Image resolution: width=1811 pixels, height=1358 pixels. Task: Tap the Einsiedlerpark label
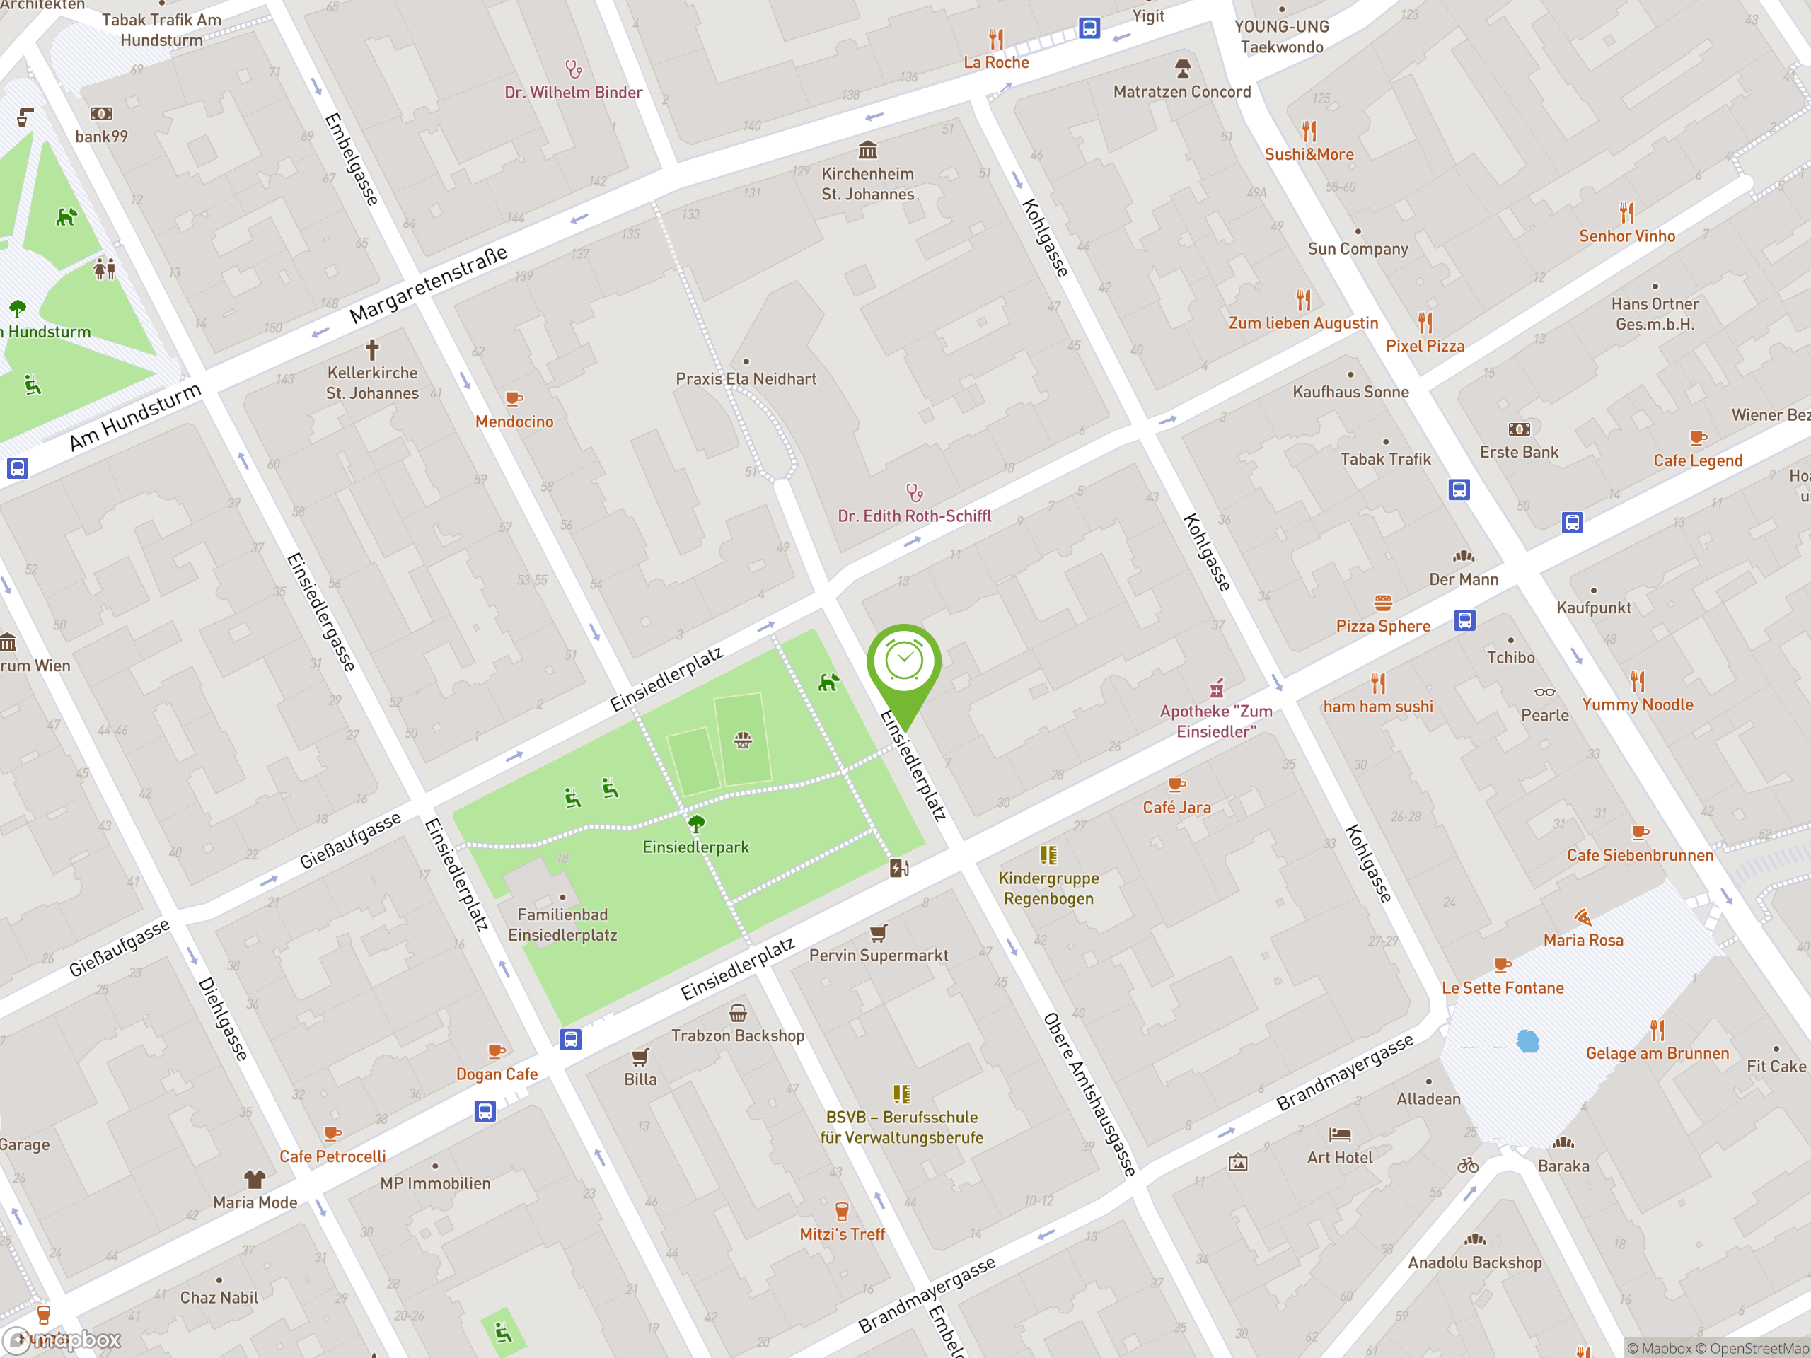point(695,847)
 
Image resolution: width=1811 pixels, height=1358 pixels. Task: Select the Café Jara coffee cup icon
point(1176,784)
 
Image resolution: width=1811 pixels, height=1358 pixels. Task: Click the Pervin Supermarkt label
point(879,956)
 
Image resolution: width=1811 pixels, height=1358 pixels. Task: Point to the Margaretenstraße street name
point(428,285)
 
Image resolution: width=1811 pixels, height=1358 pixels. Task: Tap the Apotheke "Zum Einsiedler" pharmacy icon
point(1217,687)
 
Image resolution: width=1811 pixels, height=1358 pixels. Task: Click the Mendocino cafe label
point(514,422)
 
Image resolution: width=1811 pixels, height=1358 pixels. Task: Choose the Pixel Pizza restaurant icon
point(1425,322)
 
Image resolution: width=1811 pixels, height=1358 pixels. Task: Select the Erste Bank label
point(1519,453)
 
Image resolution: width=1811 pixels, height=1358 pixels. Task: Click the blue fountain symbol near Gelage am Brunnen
point(1528,1041)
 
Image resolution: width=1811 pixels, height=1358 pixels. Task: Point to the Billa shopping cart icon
point(640,1057)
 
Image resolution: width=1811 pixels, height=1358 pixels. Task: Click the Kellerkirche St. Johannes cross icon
point(373,349)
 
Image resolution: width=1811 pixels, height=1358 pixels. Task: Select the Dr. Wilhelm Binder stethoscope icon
point(573,69)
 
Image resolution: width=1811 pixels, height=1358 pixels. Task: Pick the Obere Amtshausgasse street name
point(1089,1094)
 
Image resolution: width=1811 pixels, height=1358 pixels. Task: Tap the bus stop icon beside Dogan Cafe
point(571,1040)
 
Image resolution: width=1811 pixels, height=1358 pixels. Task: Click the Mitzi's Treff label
point(842,1234)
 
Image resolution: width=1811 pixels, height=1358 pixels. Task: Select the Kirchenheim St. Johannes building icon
point(868,150)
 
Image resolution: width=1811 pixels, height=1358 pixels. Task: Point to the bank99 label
point(102,137)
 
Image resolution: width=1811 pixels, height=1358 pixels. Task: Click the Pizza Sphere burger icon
point(1383,603)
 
